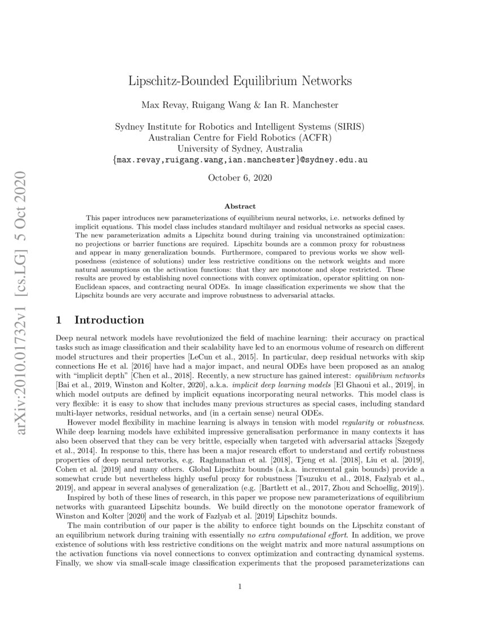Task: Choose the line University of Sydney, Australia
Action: pos(240,148)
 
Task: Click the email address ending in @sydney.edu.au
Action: pos(240,160)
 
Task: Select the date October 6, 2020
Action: pos(240,178)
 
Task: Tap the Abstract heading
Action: pos(240,207)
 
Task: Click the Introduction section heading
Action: pos(109,320)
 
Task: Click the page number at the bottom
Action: pos(240,587)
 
